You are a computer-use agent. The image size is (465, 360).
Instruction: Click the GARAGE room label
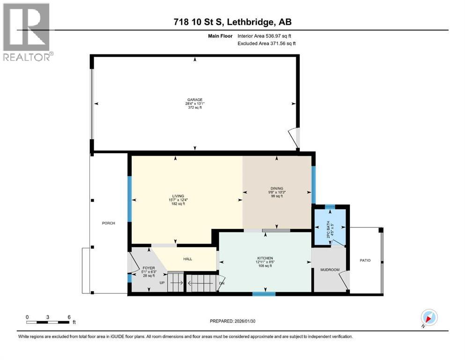195,100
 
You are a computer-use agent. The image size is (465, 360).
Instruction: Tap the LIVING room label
178,196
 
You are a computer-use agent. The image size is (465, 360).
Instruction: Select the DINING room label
276,189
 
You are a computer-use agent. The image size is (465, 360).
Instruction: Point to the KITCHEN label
265,258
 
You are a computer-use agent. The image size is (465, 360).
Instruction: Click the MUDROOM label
330,270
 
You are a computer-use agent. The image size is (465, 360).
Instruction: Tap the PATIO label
365,260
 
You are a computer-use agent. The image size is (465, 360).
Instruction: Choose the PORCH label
109,223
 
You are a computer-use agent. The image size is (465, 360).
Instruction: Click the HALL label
187,259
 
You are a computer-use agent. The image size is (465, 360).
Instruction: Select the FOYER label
148,269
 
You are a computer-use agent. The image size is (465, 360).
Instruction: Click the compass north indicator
428,318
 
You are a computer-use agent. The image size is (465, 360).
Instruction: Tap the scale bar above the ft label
48,322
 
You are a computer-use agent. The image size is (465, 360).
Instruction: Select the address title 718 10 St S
233,22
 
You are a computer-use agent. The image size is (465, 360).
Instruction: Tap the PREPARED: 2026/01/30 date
233,321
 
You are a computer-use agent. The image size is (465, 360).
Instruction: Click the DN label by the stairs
221,284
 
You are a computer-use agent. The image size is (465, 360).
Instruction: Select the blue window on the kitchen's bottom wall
264,294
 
